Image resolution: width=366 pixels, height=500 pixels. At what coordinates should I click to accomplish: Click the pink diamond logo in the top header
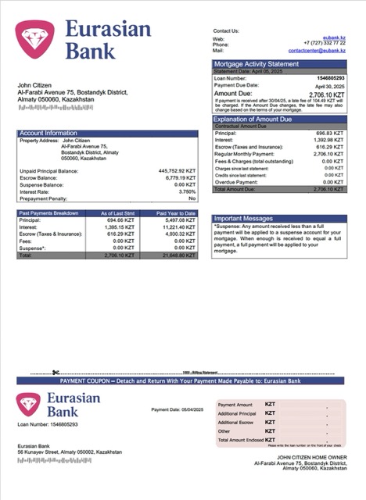coord(32,41)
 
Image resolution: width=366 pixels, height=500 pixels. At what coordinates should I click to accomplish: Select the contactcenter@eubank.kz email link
coord(316,50)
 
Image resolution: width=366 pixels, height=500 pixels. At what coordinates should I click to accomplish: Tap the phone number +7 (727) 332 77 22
coord(324,44)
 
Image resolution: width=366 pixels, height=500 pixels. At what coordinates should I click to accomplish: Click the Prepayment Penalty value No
coord(192,198)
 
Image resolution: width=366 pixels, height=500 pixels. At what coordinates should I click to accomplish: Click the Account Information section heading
coord(48,134)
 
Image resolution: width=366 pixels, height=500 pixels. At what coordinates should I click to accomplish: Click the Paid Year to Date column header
coord(175,212)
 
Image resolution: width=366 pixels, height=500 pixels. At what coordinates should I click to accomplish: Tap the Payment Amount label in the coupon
coord(235,405)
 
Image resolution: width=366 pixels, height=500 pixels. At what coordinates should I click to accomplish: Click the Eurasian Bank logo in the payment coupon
coord(59,405)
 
